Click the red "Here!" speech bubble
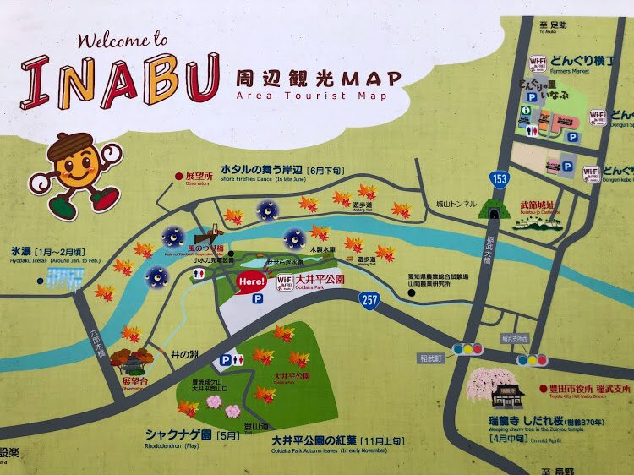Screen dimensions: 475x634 (252, 281)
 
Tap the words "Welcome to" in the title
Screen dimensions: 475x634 (123, 40)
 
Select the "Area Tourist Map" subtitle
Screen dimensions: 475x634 (312, 96)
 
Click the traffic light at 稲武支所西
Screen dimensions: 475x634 (532, 360)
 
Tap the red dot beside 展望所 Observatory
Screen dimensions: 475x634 (178, 176)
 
